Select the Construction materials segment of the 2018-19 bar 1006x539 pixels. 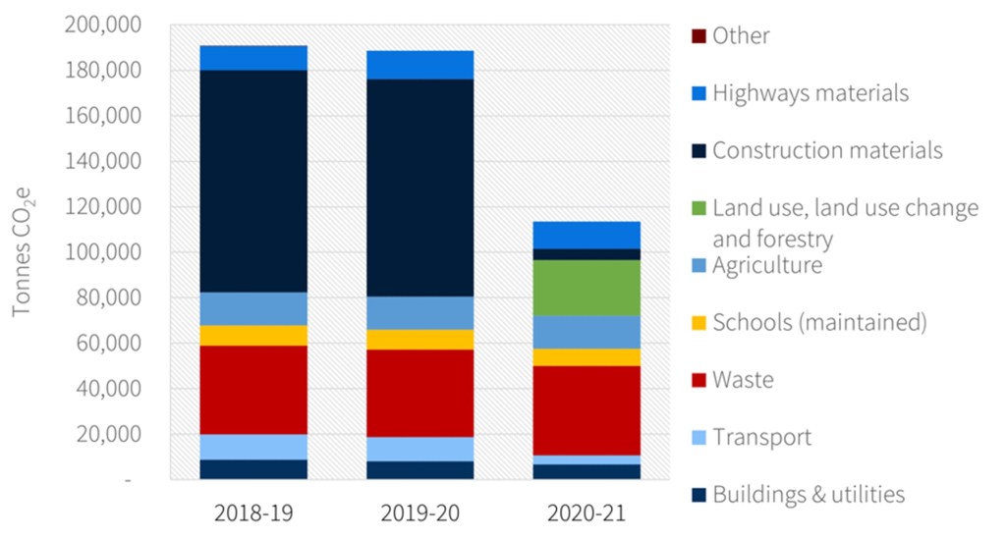pos(252,181)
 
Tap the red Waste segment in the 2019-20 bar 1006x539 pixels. pos(420,393)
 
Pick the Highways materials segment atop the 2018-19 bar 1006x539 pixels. pos(252,58)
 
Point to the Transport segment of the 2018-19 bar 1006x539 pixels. pos(252,447)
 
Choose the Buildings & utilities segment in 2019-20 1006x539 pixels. pos(420,470)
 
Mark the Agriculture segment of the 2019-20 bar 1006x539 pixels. pos(420,313)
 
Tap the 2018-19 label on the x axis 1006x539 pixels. pos(252,513)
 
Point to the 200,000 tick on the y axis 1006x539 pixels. pos(103,25)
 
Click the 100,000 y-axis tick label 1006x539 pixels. pos(103,252)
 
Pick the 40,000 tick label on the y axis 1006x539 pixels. pos(109,389)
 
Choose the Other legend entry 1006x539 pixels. pos(741,36)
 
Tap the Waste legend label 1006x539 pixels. pos(743,380)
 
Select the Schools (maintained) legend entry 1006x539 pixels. pos(818,322)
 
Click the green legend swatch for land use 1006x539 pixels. pos(698,208)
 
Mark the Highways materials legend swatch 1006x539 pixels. pos(698,94)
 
